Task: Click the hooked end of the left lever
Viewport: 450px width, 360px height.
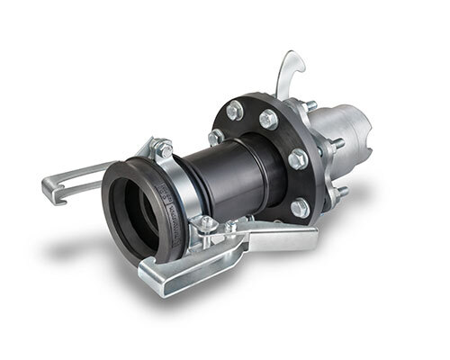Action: [54, 189]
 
